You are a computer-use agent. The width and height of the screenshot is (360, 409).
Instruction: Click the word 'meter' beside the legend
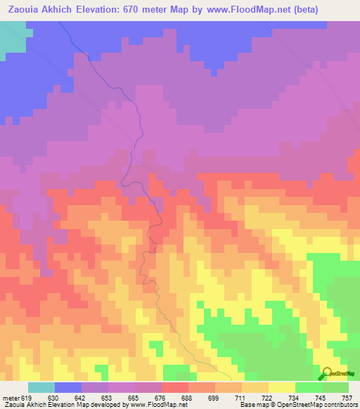11,397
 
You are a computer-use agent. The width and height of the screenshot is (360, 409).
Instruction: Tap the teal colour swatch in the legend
41,387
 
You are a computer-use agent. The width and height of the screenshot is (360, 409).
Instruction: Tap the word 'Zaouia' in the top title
25,10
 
